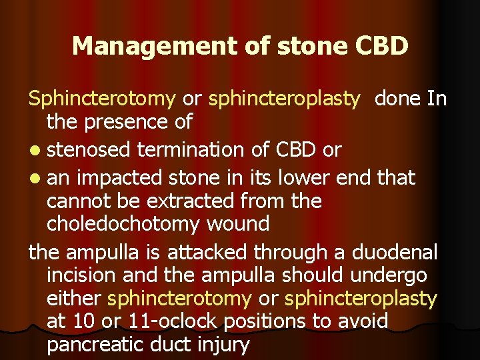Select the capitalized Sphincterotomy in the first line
102,99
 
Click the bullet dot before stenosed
34,151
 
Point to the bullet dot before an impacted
34,179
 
